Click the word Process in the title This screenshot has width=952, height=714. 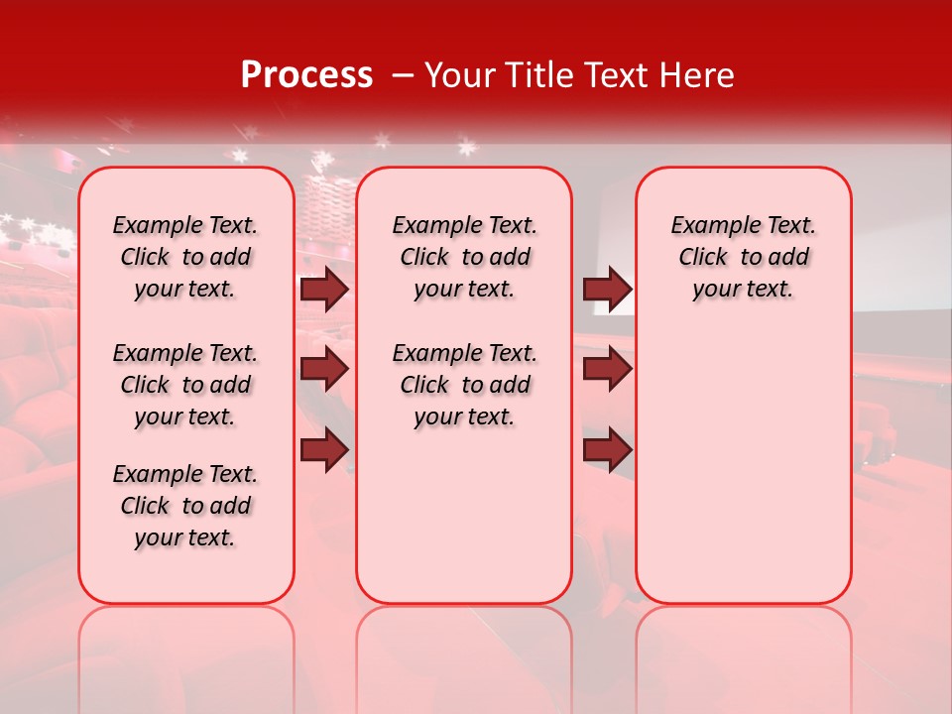pyautogui.click(x=306, y=75)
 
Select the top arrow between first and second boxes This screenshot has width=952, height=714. pyautogui.click(x=324, y=289)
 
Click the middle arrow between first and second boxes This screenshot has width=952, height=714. pyautogui.click(x=324, y=369)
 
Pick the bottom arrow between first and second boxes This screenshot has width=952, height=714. pyautogui.click(x=324, y=450)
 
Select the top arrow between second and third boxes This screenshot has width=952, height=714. pyautogui.click(x=607, y=289)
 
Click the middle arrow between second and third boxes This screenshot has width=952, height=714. pyautogui.click(x=607, y=369)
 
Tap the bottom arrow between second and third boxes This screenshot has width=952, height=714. pyautogui.click(x=607, y=450)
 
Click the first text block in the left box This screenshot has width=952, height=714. pyautogui.click(x=185, y=257)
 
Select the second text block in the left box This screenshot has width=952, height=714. pyautogui.click(x=185, y=385)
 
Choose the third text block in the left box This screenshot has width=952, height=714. pyautogui.click(x=185, y=506)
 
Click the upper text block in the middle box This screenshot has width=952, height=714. pyautogui.click(x=464, y=257)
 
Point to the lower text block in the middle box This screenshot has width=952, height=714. pyautogui.click(x=464, y=385)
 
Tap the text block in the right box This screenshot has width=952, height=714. pyautogui.click(x=744, y=257)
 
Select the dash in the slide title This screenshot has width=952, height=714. pyautogui.click(x=402, y=75)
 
